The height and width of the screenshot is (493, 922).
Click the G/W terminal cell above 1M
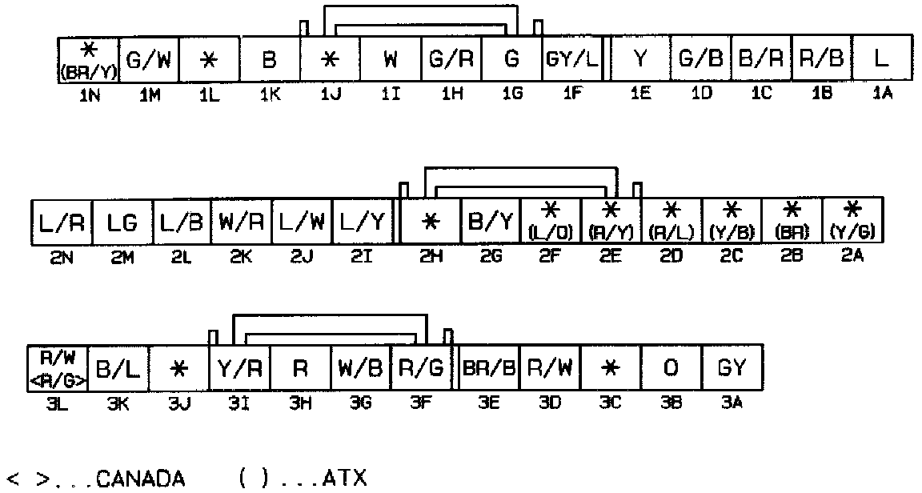pyautogui.click(x=149, y=59)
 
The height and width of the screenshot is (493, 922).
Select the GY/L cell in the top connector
pyautogui.click(x=573, y=59)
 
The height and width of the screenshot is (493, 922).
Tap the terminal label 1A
pyautogui.click(x=881, y=94)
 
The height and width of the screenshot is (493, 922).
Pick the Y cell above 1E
pyautogui.click(x=640, y=59)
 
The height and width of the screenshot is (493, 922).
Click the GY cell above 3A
pyautogui.click(x=732, y=368)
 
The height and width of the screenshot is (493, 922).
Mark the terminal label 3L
pyautogui.click(x=56, y=404)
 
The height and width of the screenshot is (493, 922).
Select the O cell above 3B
pyautogui.click(x=671, y=368)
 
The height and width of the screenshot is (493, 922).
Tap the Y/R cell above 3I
pyautogui.click(x=239, y=368)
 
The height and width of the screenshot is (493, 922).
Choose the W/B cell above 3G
pyautogui.click(x=360, y=368)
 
